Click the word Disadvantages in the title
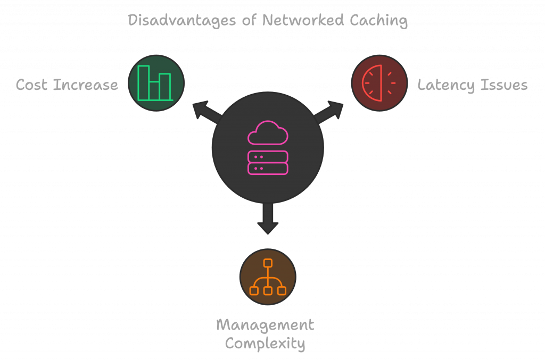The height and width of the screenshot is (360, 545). (x=182, y=21)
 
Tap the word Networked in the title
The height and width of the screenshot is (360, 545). (x=303, y=20)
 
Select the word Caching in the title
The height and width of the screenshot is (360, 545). (x=378, y=21)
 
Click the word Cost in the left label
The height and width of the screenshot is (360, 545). (x=31, y=85)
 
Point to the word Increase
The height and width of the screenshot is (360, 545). (x=86, y=85)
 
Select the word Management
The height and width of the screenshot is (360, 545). (x=265, y=325)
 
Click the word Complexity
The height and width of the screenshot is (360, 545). (x=265, y=344)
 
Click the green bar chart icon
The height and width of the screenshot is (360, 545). (x=155, y=83)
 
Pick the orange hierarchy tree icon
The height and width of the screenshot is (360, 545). (x=268, y=277)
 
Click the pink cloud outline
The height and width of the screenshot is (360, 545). (x=268, y=132)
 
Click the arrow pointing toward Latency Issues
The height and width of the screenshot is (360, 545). (x=328, y=112)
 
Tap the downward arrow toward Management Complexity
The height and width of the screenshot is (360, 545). (x=268, y=218)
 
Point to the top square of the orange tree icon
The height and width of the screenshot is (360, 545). (x=268, y=263)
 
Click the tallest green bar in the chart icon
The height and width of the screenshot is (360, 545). (x=144, y=82)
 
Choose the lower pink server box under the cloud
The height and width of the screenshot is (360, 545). (x=268, y=169)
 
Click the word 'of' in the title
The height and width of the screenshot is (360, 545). (x=249, y=20)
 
